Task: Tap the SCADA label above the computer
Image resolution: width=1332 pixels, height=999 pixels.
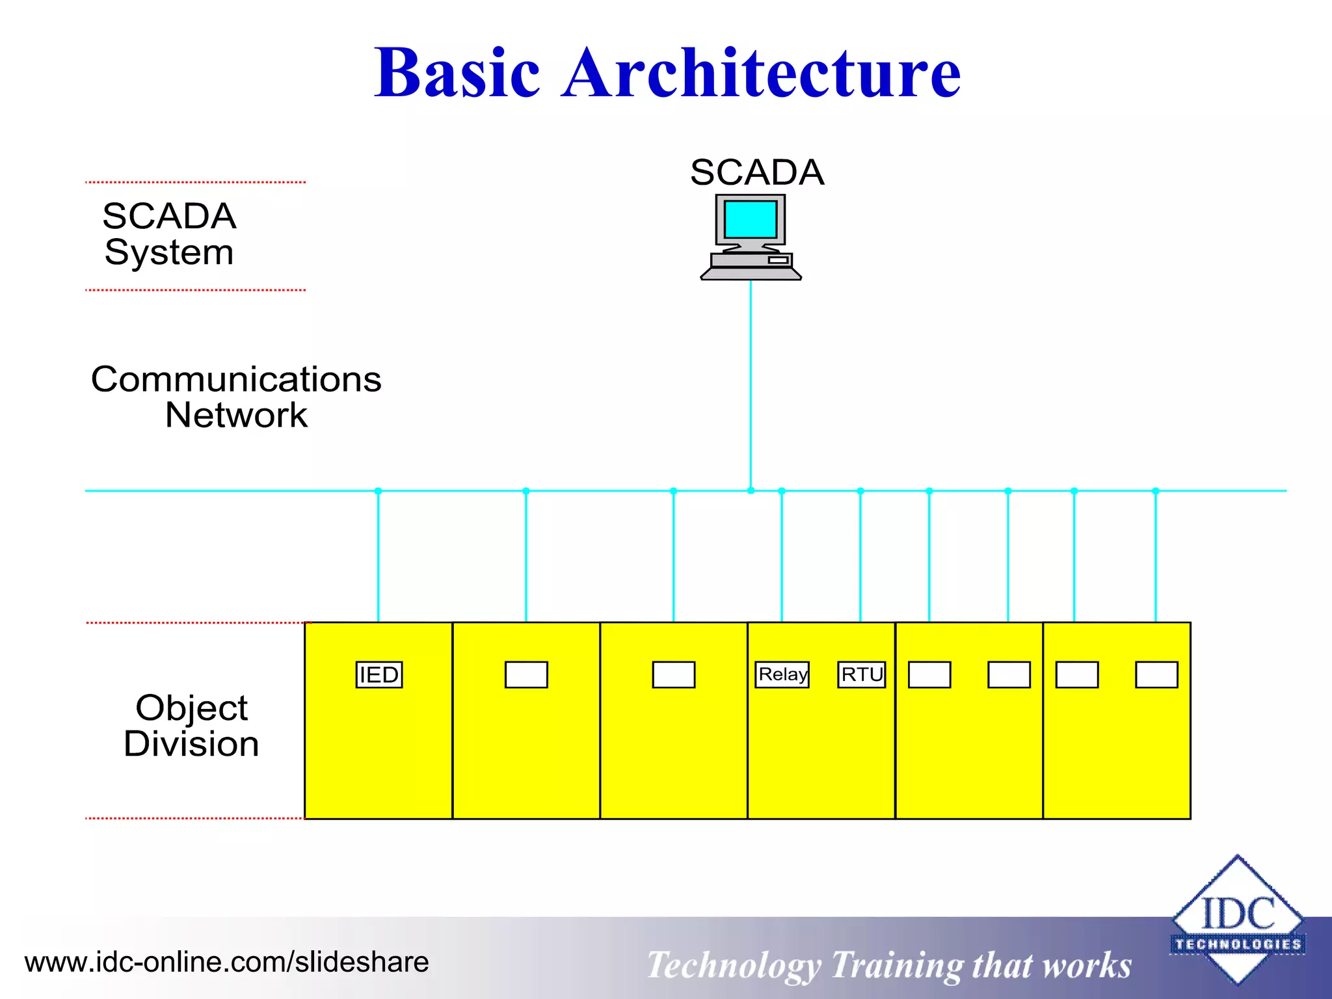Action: pyautogui.click(x=757, y=172)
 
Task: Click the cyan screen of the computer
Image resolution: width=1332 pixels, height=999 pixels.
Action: pyautogui.click(x=751, y=219)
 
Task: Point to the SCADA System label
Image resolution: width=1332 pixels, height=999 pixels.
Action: pyautogui.click(x=169, y=234)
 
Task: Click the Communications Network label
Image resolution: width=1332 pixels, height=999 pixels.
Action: pyautogui.click(x=236, y=397)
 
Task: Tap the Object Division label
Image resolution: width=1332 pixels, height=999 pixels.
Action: pyautogui.click(x=191, y=725)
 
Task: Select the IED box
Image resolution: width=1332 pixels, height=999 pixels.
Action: pyautogui.click(x=379, y=674)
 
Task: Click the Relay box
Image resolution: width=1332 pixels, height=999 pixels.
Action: pyautogui.click(x=782, y=674)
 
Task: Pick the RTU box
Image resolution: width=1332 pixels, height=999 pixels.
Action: pyautogui.click(x=862, y=674)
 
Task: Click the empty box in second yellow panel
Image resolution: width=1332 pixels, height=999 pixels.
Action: pyautogui.click(x=526, y=674)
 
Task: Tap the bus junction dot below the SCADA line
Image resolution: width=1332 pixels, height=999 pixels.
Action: pyautogui.click(x=751, y=490)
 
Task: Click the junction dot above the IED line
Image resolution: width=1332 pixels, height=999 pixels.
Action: pyautogui.click(x=379, y=491)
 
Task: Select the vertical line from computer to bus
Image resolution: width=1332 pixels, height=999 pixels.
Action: pyautogui.click(x=751, y=384)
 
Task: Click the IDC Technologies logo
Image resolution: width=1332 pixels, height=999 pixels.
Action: pyautogui.click(x=1237, y=920)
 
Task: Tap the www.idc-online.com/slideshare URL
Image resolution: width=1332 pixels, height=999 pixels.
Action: pyautogui.click(x=226, y=962)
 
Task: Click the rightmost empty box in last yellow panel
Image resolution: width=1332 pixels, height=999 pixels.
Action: pyautogui.click(x=1156, y=674)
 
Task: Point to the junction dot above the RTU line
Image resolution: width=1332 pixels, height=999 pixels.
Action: pyautogui.click(x=860, y=491)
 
